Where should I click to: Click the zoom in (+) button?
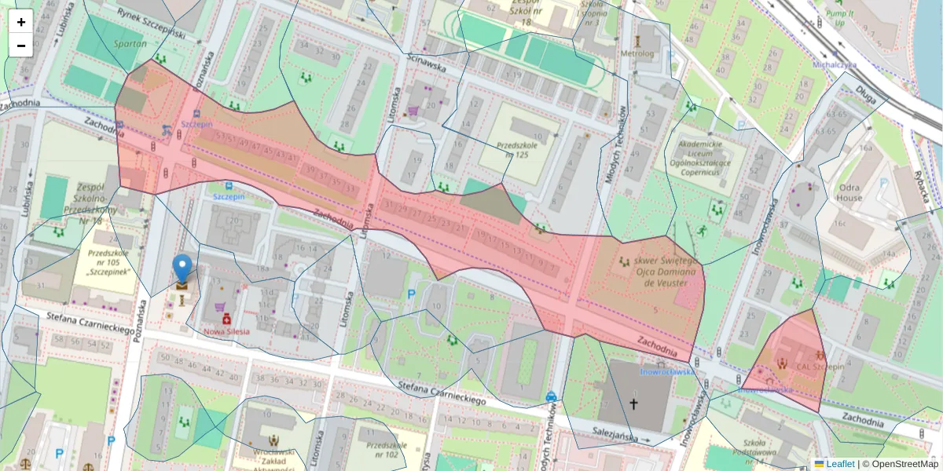pos(21,22)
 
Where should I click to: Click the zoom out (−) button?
pos(21,46)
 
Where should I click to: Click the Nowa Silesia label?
pos(226,331)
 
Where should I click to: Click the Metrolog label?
pos(637,53)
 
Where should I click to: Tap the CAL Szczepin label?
pos(820,367)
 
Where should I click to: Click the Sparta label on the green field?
pos(130,45)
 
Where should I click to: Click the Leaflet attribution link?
pos(840,464)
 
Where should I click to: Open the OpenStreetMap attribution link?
pos(904,464)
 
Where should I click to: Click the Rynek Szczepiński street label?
pos(150,24)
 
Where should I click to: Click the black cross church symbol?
pos(633,404)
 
